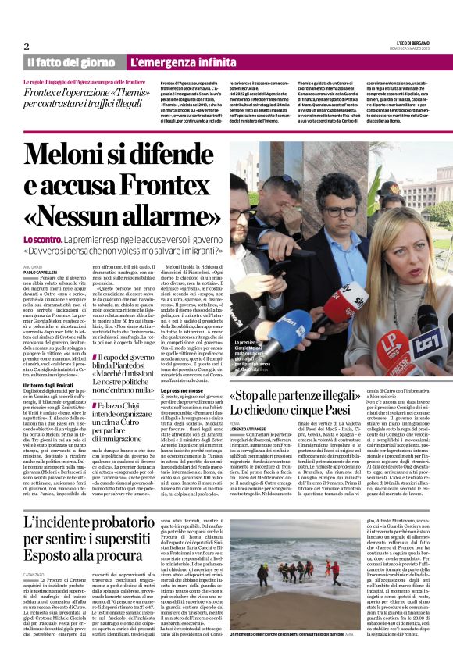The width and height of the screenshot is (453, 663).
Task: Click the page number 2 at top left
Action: click(26, 46)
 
